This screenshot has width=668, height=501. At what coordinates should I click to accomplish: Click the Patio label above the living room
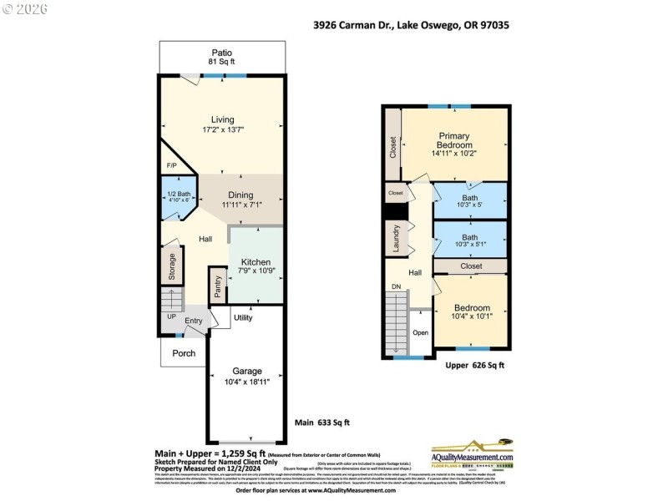tap(221, 52)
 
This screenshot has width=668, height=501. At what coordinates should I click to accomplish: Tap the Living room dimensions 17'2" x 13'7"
tap(222, 130)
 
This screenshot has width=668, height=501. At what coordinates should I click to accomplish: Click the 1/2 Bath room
tap(175, 198)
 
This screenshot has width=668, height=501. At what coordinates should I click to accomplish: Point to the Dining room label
tap(241, 195)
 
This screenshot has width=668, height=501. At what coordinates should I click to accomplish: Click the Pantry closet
tap(218, 287)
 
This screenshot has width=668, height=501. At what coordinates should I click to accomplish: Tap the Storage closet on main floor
tap(170, 267)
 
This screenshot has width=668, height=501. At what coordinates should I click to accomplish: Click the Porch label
tap(184, 353)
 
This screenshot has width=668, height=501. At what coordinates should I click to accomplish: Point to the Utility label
tap(243, 318)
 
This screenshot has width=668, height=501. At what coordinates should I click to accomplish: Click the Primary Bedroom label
tap(453, 140)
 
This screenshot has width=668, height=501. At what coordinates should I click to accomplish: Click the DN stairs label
tap(397, 286)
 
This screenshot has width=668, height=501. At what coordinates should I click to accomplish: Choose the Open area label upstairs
tap(420, 332)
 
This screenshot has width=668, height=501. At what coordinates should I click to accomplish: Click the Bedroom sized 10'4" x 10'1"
tap(469, 311)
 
